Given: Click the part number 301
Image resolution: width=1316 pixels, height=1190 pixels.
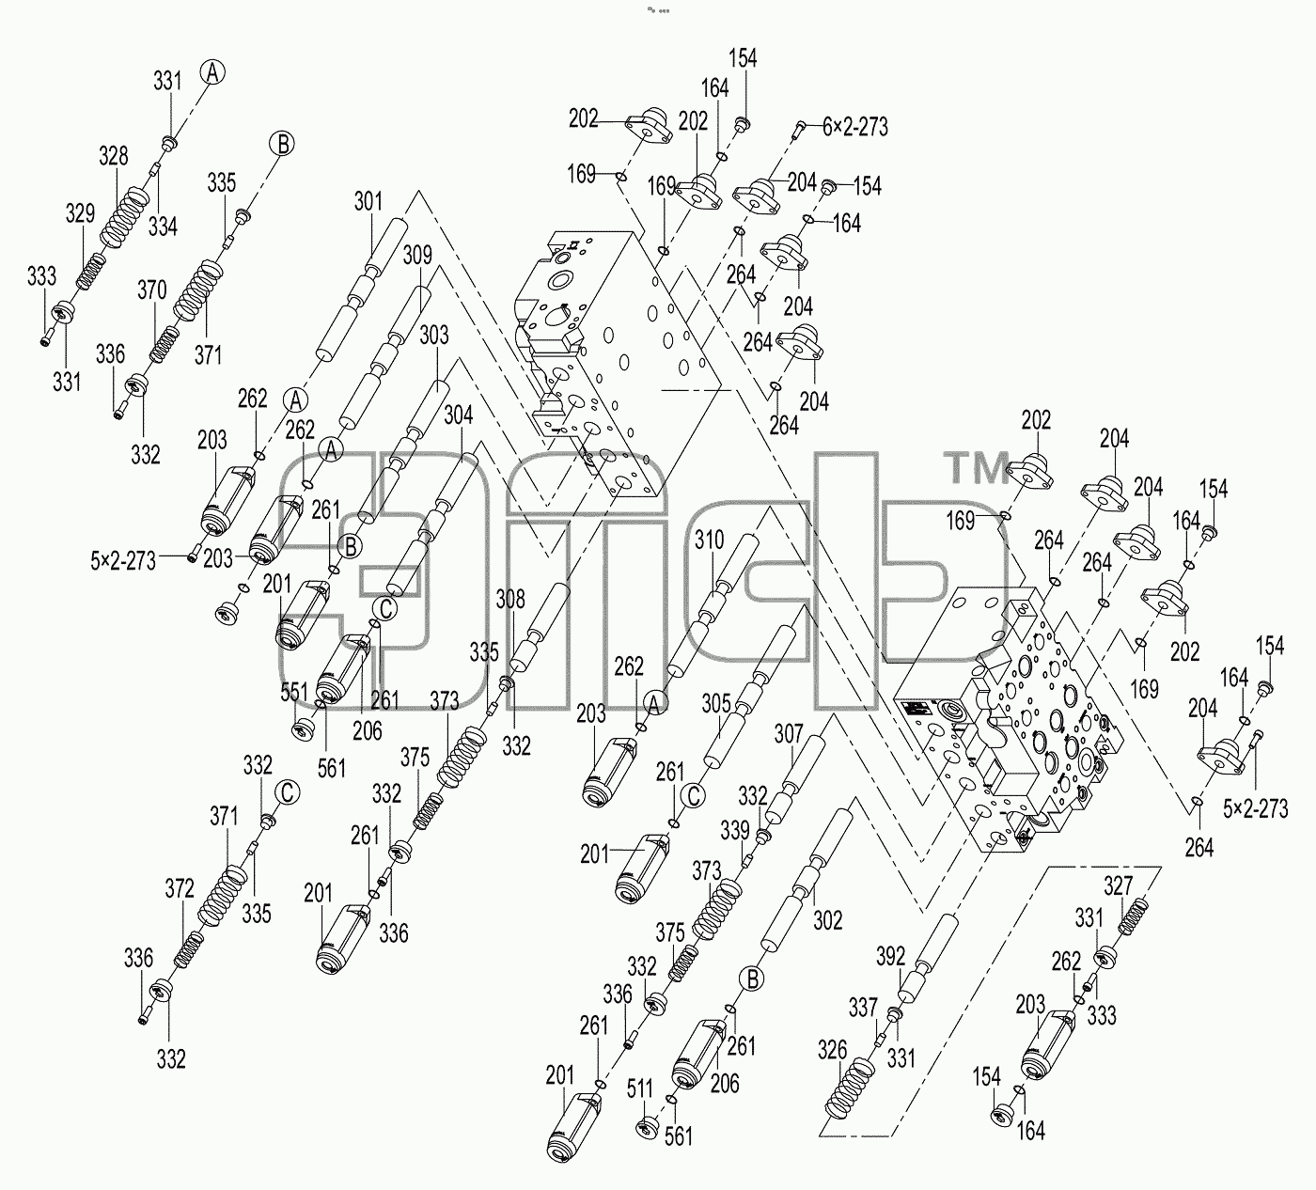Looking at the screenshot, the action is pos(368,201).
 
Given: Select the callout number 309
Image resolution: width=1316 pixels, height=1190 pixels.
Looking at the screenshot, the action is pos(418,255).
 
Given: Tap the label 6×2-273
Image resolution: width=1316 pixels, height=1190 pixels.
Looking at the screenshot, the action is pos(855,127).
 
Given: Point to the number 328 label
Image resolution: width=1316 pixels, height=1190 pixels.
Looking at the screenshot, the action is pos(114,156).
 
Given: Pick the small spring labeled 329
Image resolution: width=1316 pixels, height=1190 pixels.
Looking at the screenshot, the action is pos(90,272).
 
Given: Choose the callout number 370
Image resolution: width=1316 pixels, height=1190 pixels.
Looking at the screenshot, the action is pos(152,290).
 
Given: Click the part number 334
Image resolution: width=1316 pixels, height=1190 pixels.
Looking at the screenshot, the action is pos(163,227).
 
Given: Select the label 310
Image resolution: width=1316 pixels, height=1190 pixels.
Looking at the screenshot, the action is pos(709,540).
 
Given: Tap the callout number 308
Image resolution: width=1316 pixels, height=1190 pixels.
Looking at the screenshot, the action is pos(510,599).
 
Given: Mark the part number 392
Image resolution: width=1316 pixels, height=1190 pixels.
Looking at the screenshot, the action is pos(891,957).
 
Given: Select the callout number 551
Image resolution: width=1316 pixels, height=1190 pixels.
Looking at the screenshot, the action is pos(294,692).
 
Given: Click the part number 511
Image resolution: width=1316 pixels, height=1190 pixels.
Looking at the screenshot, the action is pos(639,1089).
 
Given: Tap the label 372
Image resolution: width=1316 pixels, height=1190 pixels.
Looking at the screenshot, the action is pos(180,888).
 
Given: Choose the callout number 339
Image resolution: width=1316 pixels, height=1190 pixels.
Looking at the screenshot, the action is pos(735,830).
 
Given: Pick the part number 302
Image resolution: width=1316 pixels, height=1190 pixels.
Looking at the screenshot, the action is pos(827,920).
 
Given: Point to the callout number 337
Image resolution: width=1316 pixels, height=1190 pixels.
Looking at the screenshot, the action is pos(863,1007).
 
